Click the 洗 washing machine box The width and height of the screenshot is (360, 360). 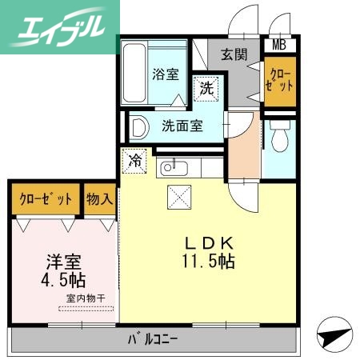(206, 89)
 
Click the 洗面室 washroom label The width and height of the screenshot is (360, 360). (182, 126)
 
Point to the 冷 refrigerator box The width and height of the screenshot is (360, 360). (136, 161)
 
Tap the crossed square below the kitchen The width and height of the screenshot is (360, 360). (178, 194)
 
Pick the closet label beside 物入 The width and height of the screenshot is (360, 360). (46, 198)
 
